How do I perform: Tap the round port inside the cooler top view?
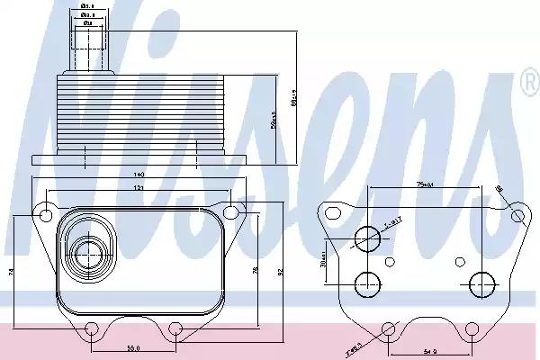click(89, 252)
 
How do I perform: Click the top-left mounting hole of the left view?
click(44, 213)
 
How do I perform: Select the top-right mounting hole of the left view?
click(230, 212)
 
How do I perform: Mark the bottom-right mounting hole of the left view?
click(176, 328)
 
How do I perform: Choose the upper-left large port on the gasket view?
click(369, 238)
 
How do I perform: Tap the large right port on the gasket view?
click(481, 284)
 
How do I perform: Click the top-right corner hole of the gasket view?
click(517, 216)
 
